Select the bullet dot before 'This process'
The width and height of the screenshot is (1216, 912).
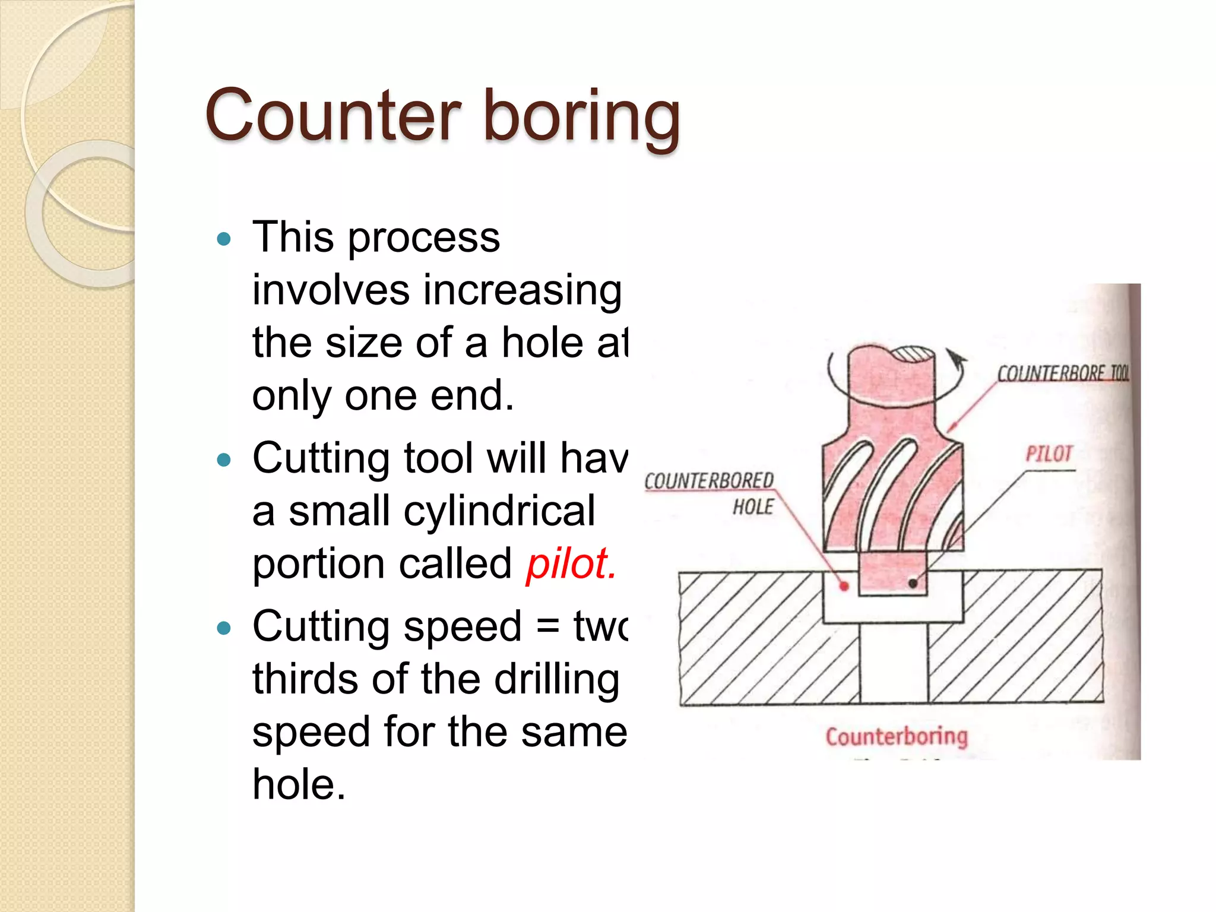click(224, 239)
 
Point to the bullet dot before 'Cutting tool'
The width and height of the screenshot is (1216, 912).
click(224, 460)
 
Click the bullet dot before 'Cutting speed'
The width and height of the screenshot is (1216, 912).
click(224, 628)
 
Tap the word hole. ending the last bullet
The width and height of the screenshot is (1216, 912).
click(298, 784)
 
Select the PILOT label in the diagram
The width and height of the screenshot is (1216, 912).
click(1049, 454)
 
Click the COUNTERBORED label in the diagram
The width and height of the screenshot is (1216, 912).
click(709, 480)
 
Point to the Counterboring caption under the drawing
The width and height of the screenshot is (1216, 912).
click(897, 736)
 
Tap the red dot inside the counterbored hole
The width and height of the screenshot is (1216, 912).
click(844, 587)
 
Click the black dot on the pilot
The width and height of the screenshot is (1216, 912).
click(913, 584)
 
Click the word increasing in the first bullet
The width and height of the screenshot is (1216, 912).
click(522, 291)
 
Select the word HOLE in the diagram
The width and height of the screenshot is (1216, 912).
click(753, 506)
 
